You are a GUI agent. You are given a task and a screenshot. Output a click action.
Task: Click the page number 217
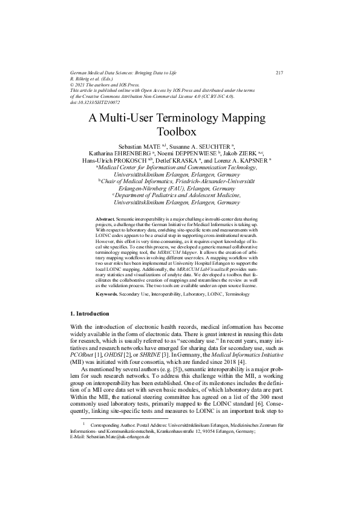click(280, 73)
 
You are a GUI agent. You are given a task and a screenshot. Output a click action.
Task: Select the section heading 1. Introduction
click(90, 314)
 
